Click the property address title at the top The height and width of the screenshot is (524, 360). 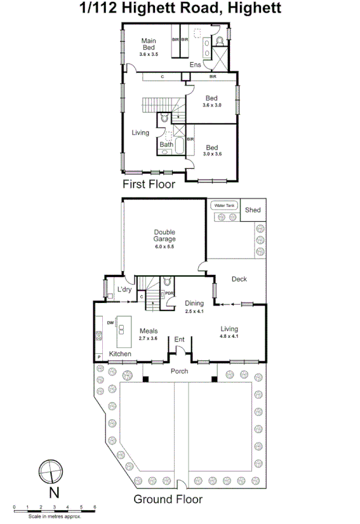click(180, 9)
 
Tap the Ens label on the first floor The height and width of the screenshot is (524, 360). click(196, 65)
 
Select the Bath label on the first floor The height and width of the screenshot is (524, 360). click(166, 144)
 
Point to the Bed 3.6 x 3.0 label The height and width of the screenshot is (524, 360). click(211, 101)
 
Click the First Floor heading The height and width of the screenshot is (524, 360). click(149, 185)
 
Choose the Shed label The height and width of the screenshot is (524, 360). click(253, 210)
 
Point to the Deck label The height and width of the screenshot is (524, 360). click(239, 279)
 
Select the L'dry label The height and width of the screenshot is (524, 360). click(124, 290)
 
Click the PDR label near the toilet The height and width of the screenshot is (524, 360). click(170, 293)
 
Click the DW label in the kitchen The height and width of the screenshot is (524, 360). click(110, 323)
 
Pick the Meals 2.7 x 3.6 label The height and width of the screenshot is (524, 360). click(148, 333)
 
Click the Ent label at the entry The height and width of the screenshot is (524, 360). click(180, 340)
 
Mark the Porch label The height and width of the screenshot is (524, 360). click(179, 371)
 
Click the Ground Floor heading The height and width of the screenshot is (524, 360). click(168, 499)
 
